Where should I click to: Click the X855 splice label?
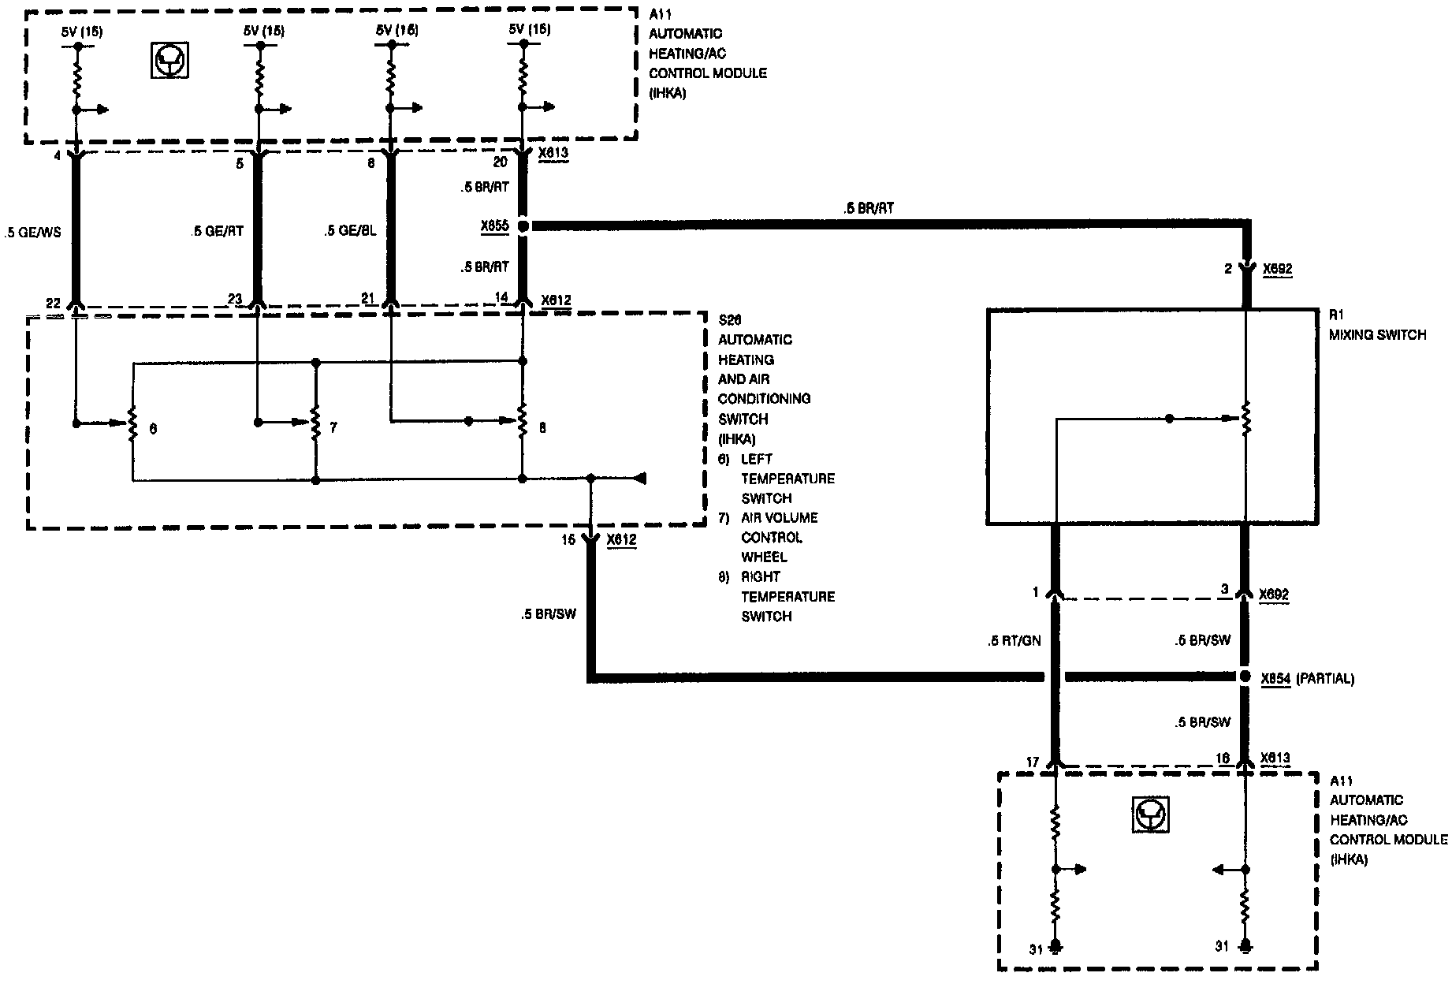pos(494,225)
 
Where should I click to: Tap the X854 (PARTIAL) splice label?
pos(1307,678)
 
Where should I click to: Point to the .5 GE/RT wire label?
pos(217,231)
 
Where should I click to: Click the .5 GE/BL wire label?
pos(350,231)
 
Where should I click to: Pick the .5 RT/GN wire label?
pos(1014,641)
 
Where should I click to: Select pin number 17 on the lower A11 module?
pos(1033,762)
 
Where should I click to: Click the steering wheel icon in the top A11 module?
pos(169,60)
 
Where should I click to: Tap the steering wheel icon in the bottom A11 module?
pos(1150,814)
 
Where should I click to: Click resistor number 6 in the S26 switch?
pos(132,423)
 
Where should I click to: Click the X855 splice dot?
pos(523,225)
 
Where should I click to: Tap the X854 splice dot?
pos(1245,677)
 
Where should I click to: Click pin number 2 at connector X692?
pos(1227,269)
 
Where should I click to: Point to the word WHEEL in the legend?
pos(763,557)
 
